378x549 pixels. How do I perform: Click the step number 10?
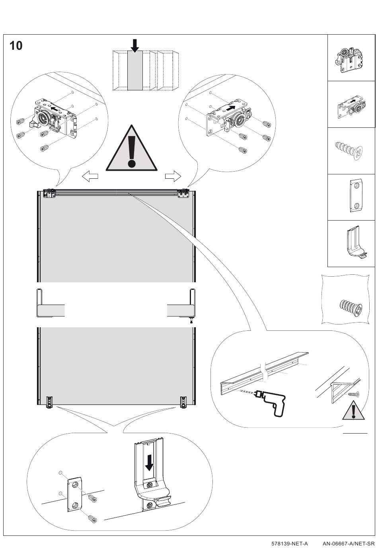[x=16, y=46]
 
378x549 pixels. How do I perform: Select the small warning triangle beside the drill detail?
[x=353, y=411]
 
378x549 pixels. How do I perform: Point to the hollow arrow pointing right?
[x=173, y=176]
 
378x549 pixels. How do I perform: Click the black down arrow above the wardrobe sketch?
[x=135, y=45]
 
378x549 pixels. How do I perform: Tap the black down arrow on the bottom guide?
[x=150, y=462]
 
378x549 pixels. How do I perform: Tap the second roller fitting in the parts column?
[x=351, y=106]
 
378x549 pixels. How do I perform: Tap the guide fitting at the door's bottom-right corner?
[x=184, y=402]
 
